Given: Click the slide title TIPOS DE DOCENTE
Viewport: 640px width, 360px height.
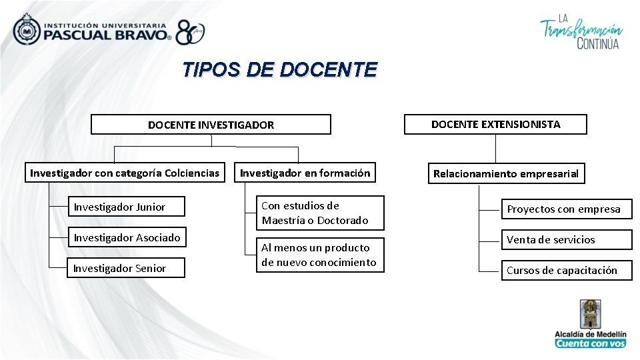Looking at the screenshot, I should coord(280,70).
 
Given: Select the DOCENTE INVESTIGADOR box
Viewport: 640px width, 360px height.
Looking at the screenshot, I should coord(211,125).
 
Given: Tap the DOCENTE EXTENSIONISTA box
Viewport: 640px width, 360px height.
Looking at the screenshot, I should coord(495,124).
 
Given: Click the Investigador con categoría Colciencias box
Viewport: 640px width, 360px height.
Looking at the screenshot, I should coord(125,173).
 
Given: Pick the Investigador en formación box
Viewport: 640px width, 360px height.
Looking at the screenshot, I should coord(305,173).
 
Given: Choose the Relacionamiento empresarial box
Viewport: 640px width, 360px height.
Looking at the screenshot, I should coord(506,174).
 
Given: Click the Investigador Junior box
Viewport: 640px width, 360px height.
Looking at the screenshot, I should coord(126,207).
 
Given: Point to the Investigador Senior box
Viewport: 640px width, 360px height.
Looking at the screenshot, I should coord(126,268).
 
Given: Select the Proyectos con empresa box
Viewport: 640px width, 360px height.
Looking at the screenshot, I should coord(566,209).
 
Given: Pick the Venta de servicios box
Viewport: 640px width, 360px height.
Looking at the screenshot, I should coord(566,240).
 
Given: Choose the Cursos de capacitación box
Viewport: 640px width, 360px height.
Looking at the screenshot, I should coord(566,270).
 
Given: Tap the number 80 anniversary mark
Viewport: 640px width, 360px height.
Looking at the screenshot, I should coord(190,32).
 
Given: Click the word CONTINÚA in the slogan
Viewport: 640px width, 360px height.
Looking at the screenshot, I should coord(597,44).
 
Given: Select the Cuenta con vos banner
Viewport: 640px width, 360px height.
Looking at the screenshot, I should coord(591,343).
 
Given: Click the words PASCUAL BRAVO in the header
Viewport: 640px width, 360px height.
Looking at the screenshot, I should coord(107,35).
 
